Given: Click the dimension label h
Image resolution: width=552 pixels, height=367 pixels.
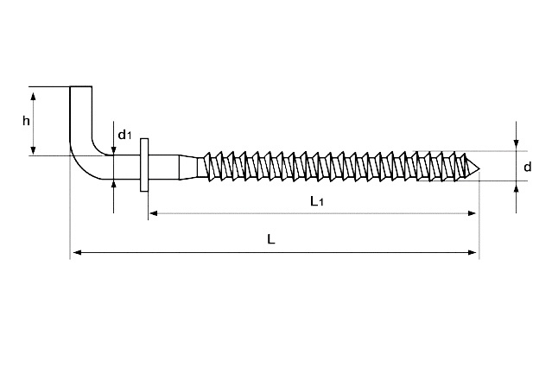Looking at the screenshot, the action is [26, 121].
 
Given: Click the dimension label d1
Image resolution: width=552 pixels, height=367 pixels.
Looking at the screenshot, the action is [124, 134].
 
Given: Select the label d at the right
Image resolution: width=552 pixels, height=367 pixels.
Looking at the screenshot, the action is [527, 167].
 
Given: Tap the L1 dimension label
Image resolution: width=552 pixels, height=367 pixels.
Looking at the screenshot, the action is [317, 201].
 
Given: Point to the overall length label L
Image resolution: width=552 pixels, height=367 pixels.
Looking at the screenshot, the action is [270, 239].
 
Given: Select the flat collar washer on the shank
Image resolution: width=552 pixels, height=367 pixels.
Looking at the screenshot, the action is [144, 165].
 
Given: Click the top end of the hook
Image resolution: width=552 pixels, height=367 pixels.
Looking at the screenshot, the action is [81, 87].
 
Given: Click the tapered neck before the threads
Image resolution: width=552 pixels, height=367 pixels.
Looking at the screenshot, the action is [188, 168].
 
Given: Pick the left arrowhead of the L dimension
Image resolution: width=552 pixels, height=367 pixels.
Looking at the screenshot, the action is [77, 252].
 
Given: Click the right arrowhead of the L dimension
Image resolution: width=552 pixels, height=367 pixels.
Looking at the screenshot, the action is [472, 252].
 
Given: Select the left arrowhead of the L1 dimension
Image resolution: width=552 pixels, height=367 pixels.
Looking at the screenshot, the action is [154, 213].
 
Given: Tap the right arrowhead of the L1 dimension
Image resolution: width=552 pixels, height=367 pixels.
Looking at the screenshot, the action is [472, 213].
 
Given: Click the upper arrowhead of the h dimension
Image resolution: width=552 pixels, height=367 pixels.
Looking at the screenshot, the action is [33, 97].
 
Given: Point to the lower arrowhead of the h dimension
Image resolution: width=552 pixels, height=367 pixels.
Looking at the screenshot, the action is [33, 150].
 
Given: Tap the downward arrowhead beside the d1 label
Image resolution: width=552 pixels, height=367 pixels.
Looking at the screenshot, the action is [113, 150].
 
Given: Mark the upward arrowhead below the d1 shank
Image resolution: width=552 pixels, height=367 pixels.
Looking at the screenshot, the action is [113, 185].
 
